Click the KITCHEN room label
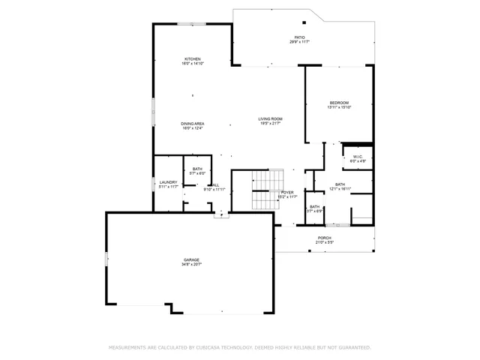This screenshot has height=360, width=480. click(x=193, y=59)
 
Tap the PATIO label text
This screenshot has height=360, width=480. click(x=299, y=37)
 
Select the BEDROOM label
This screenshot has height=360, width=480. click(x=339, y=103)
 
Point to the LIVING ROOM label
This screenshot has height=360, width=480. click(x=271, y=119)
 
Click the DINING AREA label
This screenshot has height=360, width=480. click(x=193, y=124)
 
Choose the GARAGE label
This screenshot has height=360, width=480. click(x=192, y=259)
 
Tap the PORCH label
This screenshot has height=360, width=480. click(x=325, y=238)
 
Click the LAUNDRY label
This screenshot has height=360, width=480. click(x=168, y=182)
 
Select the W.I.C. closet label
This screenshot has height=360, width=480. click(x=358, y=157)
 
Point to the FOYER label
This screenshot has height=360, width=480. click(x=286, y=193)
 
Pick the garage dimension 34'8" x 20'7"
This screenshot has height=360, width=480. click(x=192, y=265)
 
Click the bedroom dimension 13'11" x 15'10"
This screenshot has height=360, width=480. click(x=339, y=108)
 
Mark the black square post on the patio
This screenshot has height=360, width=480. click(x=304, y=22)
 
